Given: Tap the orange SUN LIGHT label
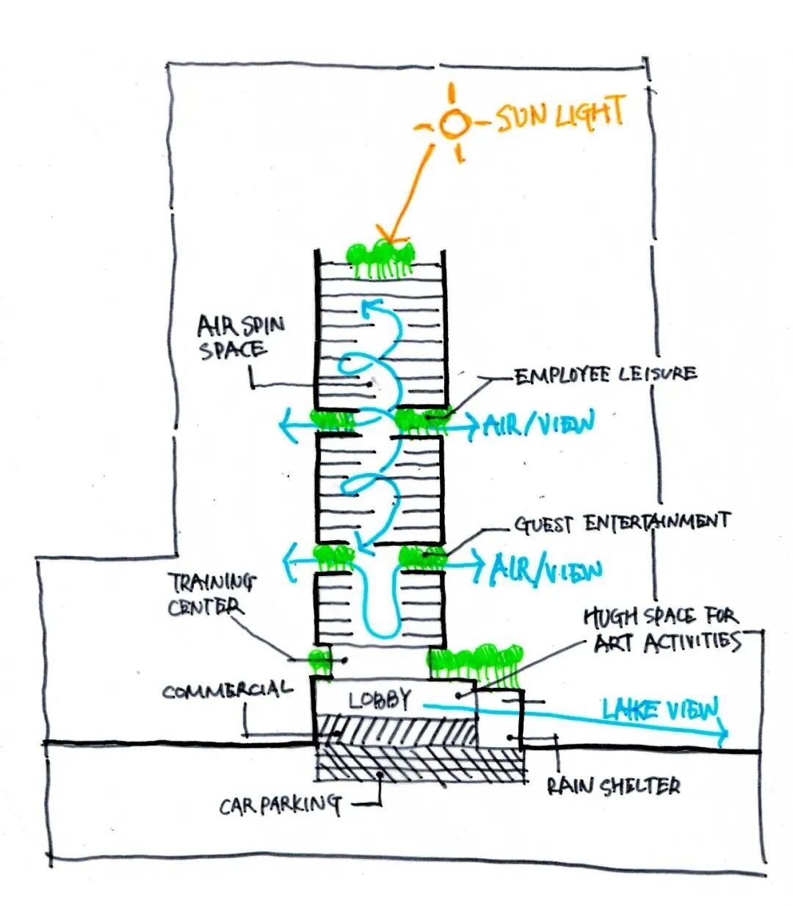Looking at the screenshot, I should (561, 116).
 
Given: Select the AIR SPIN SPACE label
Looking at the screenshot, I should (232, 336).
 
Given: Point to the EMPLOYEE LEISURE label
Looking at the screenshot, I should (604, 375).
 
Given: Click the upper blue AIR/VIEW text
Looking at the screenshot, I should (538, 424).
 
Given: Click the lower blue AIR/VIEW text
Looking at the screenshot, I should (547, 570).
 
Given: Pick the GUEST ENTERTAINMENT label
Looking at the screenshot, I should (621, 522).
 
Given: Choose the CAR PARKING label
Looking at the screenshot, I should (280, 806).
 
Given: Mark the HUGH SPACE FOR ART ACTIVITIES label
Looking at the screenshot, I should (661, 629).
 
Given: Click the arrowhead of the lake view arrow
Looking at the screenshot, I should (723, 732).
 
